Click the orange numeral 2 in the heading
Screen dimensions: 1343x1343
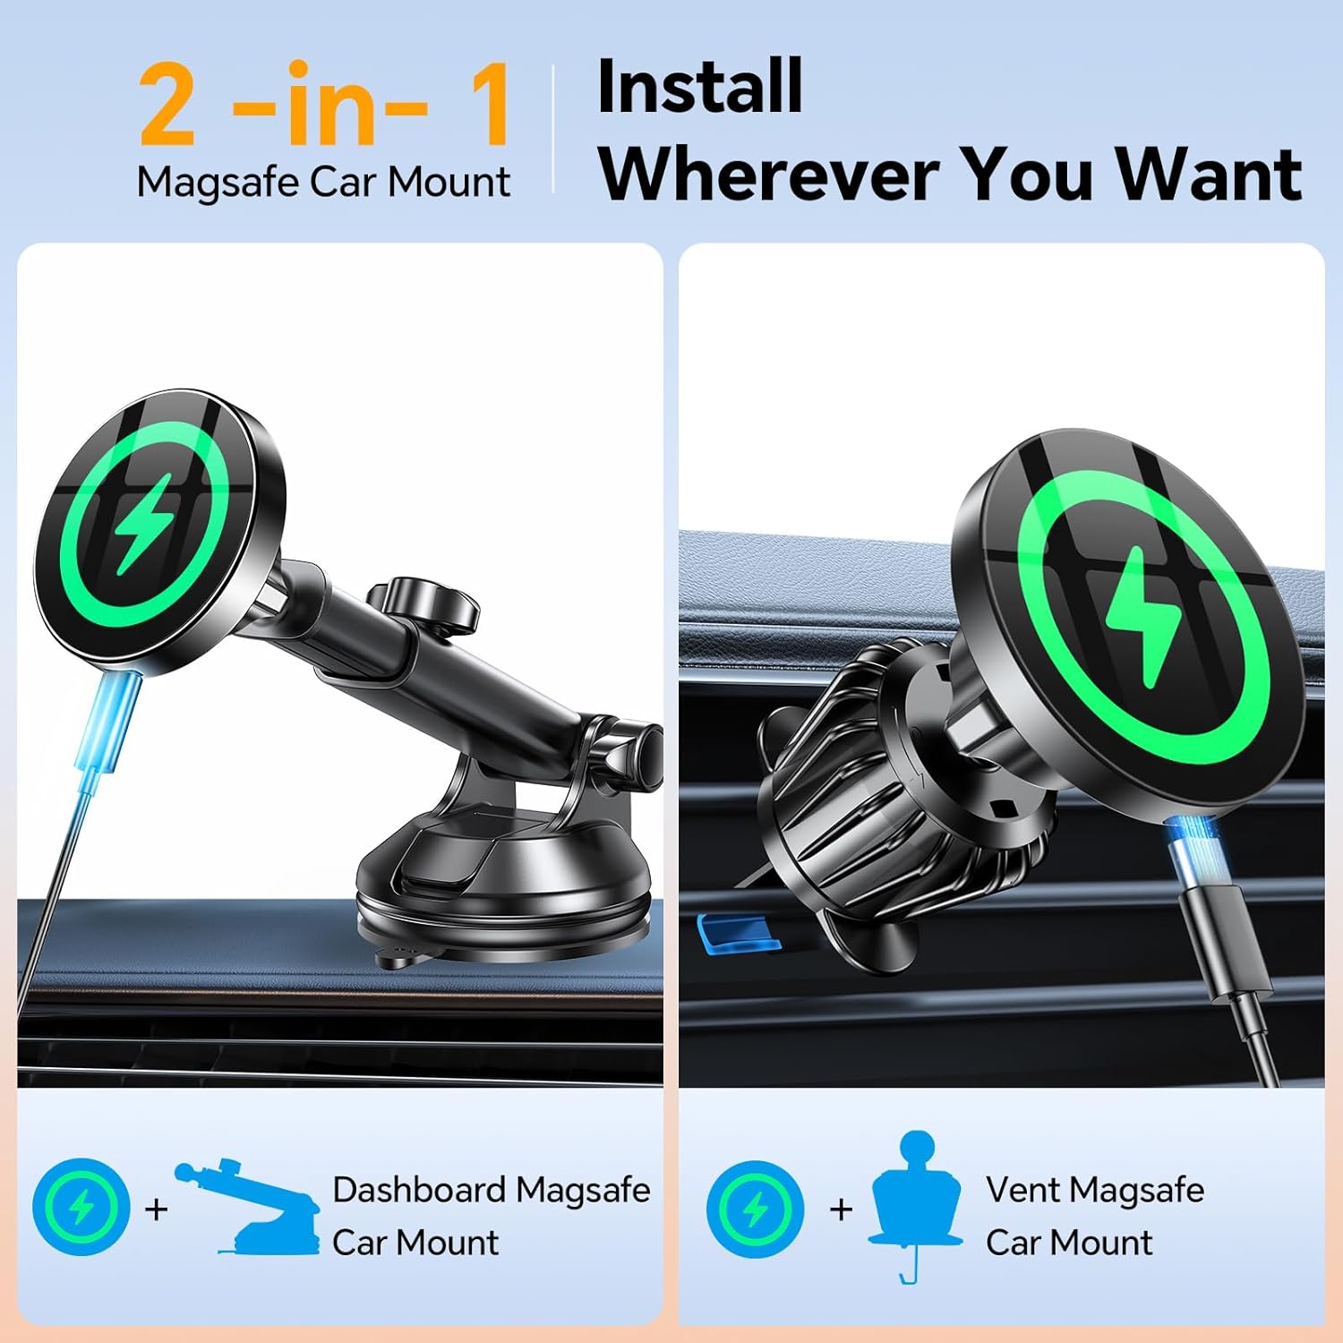coord(167,106)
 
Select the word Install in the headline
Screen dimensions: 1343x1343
coord(699,87)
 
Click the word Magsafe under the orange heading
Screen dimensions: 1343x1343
coord(218,183)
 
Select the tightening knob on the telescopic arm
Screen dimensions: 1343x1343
coord(423,602)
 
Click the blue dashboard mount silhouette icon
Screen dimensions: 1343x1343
coord(253,1209)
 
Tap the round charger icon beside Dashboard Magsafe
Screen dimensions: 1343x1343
coord(81,1207)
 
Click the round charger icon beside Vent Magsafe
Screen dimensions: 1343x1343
coord(755,1209)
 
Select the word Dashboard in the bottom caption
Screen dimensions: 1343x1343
coord(419,1190)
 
